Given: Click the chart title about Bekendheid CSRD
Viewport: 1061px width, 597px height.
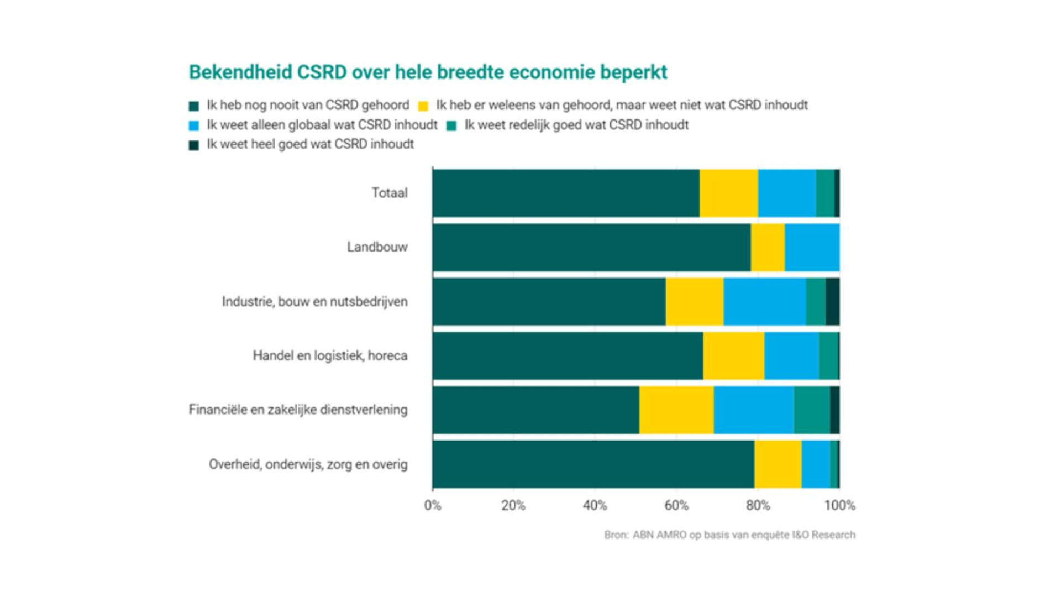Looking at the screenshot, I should [x=428, y=72].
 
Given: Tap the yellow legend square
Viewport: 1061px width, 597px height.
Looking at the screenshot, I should [x=423, y=106].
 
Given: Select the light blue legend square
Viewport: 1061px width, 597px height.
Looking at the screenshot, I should [x=193, y=126].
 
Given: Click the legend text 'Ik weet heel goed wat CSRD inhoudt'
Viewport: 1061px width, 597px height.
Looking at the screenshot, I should [x=310, y=144].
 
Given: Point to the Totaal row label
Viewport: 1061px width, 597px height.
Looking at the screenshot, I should [x=389, y=193].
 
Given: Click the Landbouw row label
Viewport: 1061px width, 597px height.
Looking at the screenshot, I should [x=377, y=247].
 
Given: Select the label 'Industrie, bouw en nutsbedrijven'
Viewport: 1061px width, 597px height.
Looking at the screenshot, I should [x=314, y=302].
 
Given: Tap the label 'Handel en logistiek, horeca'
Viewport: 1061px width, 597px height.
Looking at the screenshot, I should [x=330, y=355].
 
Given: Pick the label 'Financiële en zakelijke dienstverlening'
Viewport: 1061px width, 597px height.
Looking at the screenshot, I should [x=298, y=410].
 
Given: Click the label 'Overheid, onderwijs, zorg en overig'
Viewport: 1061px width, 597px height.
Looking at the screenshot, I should [x=308, y=464].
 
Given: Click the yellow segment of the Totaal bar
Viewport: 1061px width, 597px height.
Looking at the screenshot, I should [x=728, y=193].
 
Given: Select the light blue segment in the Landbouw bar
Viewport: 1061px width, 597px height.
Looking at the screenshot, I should [x=812, y=248].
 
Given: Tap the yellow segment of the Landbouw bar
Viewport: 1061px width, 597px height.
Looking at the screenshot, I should [x=768, y=248].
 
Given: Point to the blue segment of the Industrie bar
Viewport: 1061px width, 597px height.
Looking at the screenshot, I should [x=764, y=302].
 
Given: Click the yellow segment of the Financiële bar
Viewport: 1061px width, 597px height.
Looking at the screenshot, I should [x=676, y=410].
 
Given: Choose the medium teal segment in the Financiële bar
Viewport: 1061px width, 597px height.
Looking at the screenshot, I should [x=812, y=410].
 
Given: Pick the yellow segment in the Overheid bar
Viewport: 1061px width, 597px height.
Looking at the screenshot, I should [x=778, y=464].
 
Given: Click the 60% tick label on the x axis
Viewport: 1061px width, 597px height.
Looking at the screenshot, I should [x=676, y=505].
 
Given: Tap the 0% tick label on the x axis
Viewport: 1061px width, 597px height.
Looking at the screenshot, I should [x=432, y=505].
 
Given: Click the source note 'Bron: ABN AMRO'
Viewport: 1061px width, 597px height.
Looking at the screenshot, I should [x=729, y=535].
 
